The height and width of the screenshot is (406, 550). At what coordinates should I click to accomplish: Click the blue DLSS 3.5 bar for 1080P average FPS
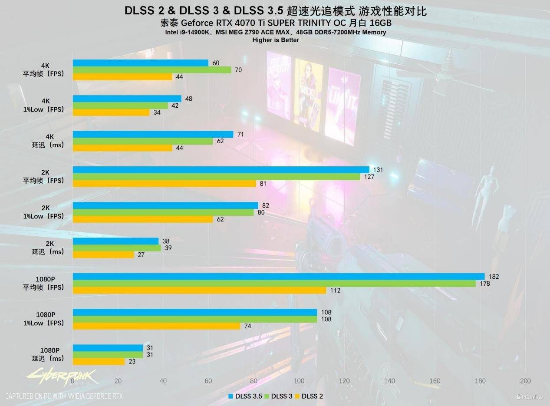(x=278, y=277)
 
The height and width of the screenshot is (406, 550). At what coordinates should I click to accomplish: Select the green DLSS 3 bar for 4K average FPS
(x=152, y=70)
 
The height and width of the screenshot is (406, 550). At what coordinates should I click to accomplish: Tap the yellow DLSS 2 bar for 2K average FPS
(x=165, y=184)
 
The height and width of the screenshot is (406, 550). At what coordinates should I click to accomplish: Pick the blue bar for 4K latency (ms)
(x=153, y=134)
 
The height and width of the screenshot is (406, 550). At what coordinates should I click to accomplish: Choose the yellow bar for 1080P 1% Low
(x=156, y=326)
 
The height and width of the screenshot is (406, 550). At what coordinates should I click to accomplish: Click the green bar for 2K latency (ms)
(x=117, y=248)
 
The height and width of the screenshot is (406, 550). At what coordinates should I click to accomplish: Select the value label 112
(x=335, y=290)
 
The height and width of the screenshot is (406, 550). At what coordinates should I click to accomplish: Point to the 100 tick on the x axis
(x=299, y=381)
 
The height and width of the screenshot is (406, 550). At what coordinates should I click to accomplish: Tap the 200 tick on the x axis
(x=525, y=381)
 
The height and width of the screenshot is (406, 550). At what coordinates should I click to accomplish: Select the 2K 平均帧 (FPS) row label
(x=44, y=177)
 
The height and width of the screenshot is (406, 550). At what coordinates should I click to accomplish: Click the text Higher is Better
(x=276, y=40)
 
